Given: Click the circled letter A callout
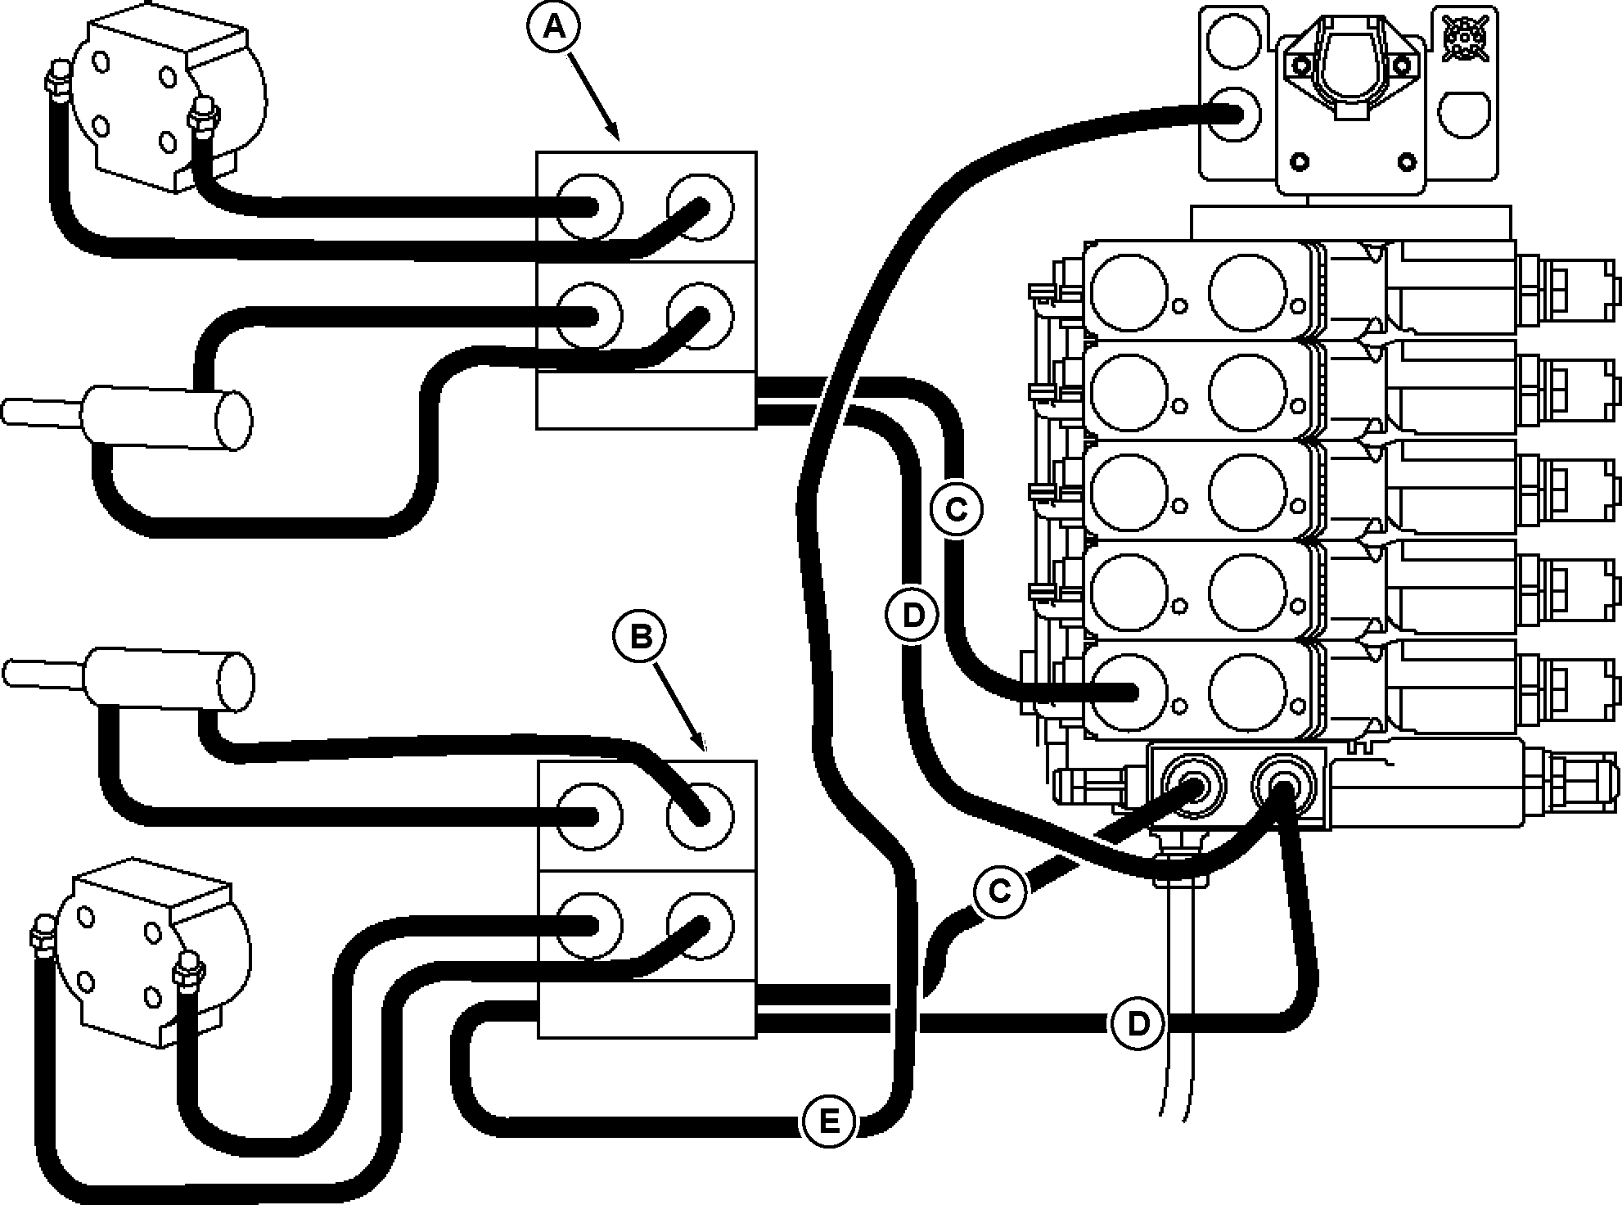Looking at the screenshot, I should point(554,29).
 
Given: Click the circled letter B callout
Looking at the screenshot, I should point(641,636).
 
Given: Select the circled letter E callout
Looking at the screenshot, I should point(829,1121).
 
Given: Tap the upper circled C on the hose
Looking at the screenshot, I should point(956,510).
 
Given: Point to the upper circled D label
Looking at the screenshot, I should point(912,615).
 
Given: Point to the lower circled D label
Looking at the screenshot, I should point(1138,1023).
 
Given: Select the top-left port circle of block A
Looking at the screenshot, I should point(588,206).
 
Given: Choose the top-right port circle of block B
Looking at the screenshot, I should point(700,815).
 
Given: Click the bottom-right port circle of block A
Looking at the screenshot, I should point(700,316).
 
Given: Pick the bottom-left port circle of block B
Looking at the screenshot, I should point(588,924).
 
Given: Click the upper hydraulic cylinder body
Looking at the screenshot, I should point(164,419).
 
